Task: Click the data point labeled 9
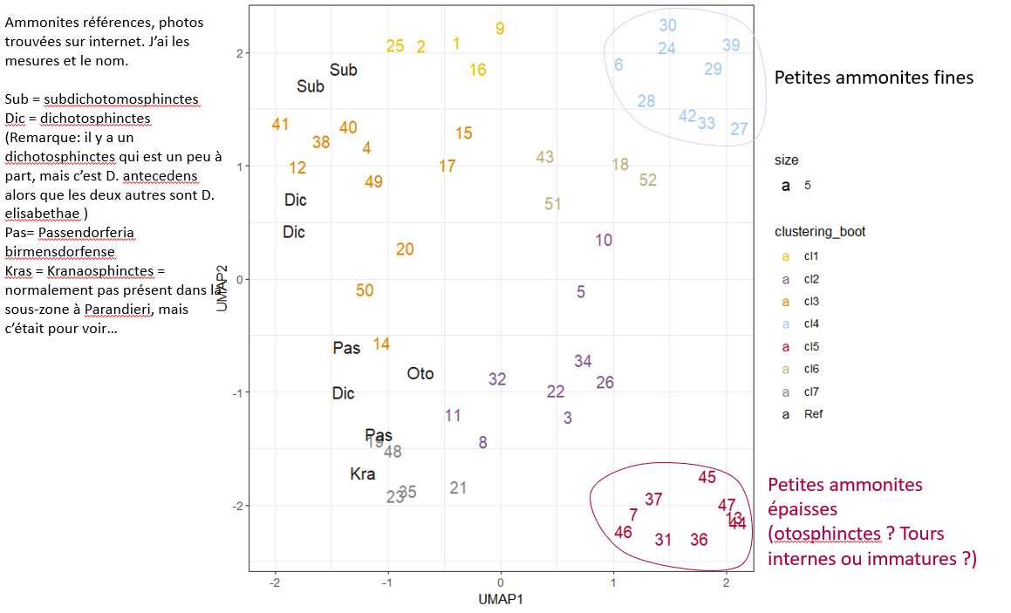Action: pyautogui.click(x=500, y=29)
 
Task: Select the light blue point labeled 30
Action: pyautogui.click(x=667, y=26)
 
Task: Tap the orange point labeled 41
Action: pyautogui.click(x=280, y=125)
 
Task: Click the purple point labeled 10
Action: pyautogui.click(x=604, y=241)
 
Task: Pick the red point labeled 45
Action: pyautogui.click(x=707, y=477)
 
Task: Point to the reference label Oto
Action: pyautogui.click(x=420, y=374)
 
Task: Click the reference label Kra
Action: pyautogui.click(x=363, y=474)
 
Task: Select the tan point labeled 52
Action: pyautogui.click(x=647, y=180)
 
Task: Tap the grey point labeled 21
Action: pyautogui.click(x=459, y=488)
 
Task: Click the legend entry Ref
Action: pyautogui.click(x=813, y=414)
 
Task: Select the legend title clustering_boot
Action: pyautogui.click(x=820, y=232)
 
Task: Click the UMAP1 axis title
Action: pyautogui.click(x=500, y=599)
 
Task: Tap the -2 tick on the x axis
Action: pyautogui.click(x=276, y=582)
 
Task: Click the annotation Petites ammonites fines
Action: pyautogui.click(x=874, y=78)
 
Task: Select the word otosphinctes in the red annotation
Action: pyautogui.click(x=819, y=534)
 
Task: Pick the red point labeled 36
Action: pyautogui.click(x=699, y=540)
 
